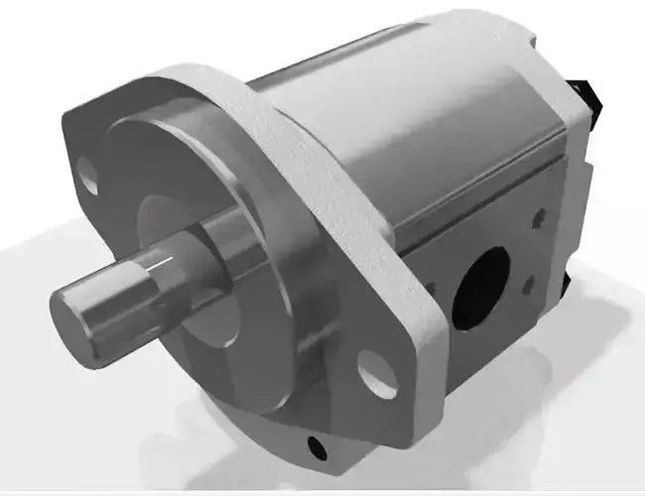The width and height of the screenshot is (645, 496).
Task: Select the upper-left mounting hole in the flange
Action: (x=89, y=178)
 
